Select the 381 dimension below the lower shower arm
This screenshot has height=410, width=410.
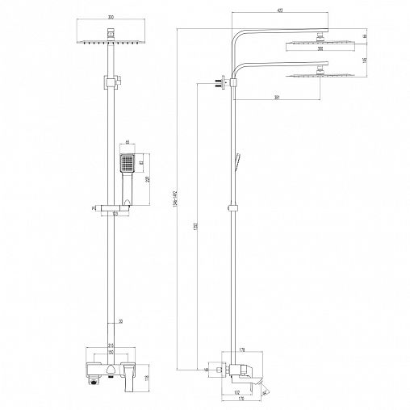[x=277, y=98]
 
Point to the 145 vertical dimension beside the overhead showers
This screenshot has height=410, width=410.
[x=366, y=61]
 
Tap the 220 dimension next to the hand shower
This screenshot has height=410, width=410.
[x=148, y=179]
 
